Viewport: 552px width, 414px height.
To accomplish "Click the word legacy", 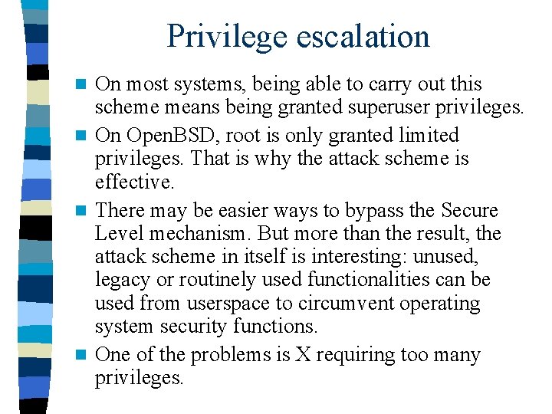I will tap(123, 280).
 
